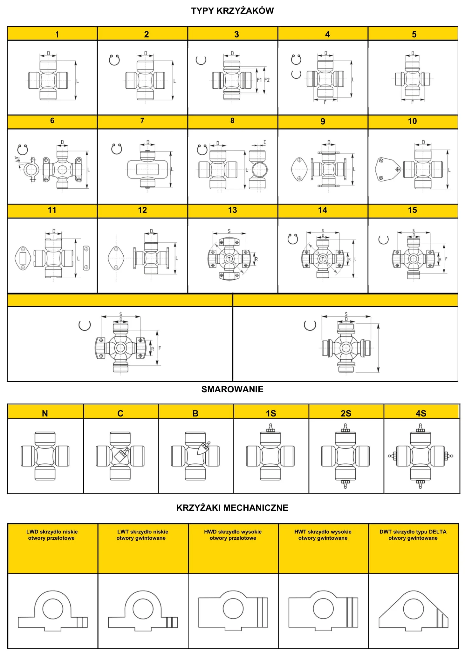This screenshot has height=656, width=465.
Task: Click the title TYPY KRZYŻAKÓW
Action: [232, 11]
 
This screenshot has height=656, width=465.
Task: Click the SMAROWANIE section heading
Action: [232, 389]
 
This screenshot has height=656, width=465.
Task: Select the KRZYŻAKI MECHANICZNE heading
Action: [232, 508]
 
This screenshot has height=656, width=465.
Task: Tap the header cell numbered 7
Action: [142, 121]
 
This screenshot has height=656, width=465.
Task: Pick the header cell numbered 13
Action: [232, 210]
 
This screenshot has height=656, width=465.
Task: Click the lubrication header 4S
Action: [421, 413]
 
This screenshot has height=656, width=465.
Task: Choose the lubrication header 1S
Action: [271, 413]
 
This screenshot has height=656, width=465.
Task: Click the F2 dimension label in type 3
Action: [267, 80]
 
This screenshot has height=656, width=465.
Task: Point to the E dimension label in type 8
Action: [264, 142]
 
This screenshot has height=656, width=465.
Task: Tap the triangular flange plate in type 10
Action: [387, 170]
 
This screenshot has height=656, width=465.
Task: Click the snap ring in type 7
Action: [117, 149]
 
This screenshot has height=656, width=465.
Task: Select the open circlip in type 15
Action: [383, 240]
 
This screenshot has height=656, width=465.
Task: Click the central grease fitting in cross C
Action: [121, 456]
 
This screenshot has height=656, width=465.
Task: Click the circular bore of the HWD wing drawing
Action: [233, 608]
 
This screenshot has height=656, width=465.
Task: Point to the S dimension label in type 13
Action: [229, 231]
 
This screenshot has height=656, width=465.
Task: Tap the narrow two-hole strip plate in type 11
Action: [86, 258]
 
